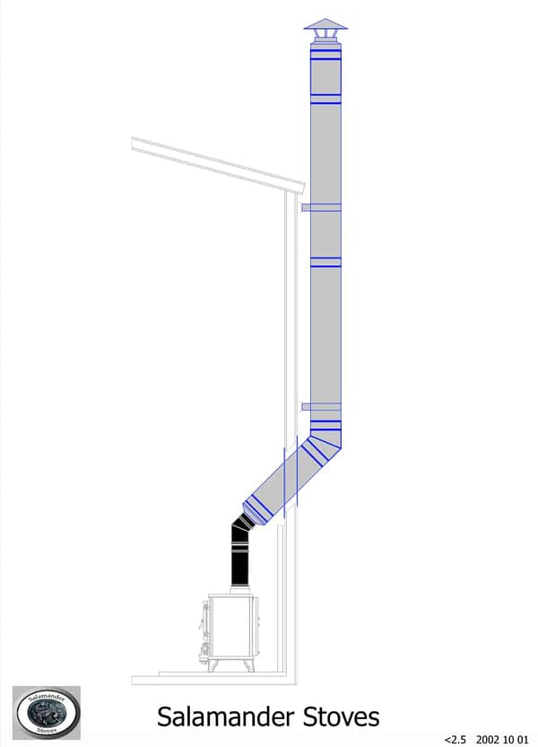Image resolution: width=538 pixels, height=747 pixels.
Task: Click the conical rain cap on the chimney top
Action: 324,24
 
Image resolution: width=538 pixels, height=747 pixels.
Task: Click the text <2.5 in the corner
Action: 456,739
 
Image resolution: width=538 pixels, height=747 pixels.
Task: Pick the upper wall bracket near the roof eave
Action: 320,208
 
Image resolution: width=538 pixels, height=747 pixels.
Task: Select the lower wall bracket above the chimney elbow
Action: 320,407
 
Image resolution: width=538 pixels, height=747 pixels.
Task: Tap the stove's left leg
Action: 213,664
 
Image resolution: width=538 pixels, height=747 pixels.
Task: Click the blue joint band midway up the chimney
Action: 325,262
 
